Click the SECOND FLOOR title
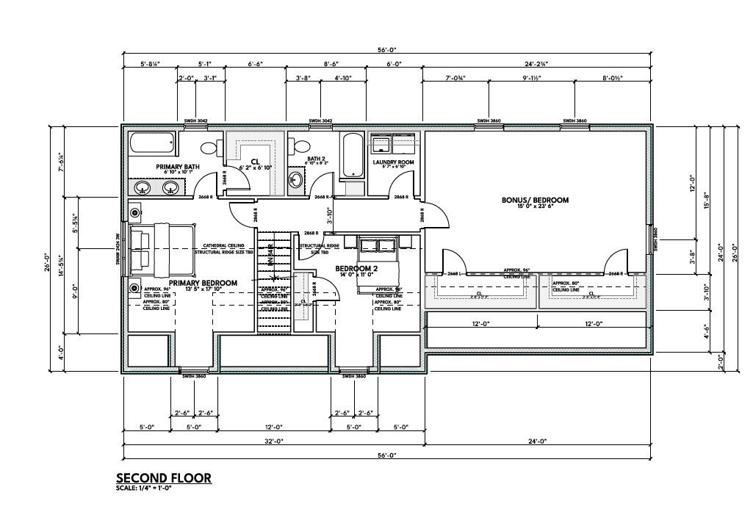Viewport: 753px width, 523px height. (163, 478)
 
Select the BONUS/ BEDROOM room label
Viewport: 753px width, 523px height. (535, 200)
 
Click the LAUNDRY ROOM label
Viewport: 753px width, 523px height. (394, 162)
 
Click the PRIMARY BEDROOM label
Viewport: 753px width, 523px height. (203, 283)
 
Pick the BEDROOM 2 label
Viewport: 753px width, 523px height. (356, 269)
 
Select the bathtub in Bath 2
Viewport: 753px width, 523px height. (353, 155)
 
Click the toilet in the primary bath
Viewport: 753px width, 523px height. (209, 148)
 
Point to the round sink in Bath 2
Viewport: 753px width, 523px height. (295, 181)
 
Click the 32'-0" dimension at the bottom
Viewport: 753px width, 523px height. (273, 441)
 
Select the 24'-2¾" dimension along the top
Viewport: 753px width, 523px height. (536, 65)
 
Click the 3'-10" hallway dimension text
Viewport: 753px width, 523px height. (330, 215)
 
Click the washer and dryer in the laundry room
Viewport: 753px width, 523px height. (393, 143)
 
